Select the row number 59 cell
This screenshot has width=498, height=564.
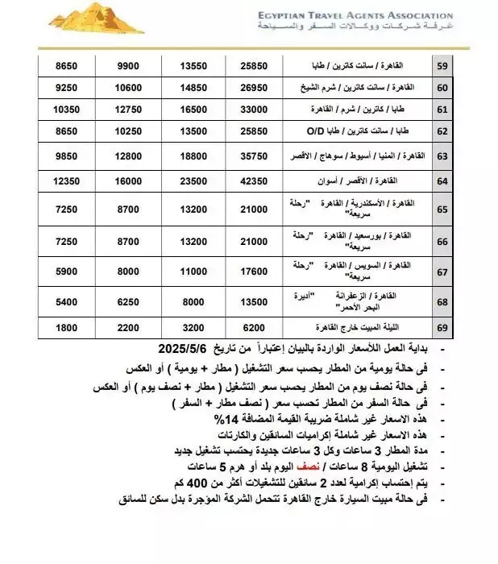pyautogui.click(x=465, y=64)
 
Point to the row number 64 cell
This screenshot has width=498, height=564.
pyautogui.click(x=465, y=180)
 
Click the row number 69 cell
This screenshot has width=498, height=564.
pyautogui.click(x=465, y=329)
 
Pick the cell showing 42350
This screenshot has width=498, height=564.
pyautogui.click(x=260, y=180)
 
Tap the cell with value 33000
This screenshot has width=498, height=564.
pyautogui.click(x=260, y=108)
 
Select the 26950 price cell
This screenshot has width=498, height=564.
pyautogui.click(x=260, y=86)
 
